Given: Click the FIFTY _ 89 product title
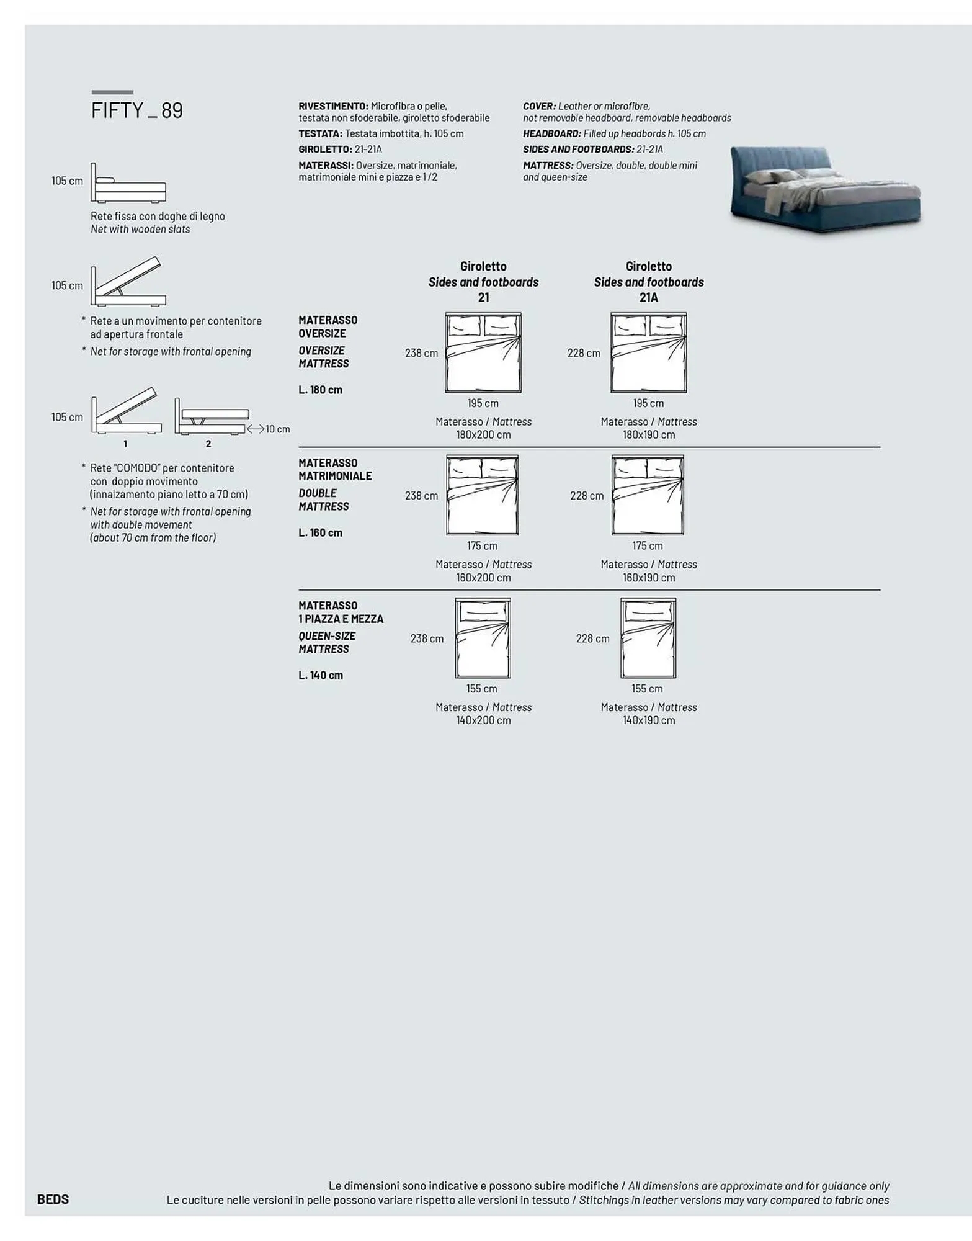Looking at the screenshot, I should (137, 110).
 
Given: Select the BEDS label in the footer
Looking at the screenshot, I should (53, 1199).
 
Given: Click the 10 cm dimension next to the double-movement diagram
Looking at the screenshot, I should (277, 429).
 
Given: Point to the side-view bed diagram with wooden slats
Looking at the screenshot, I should (128, 183).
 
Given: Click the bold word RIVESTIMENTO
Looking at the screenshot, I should (333, 106).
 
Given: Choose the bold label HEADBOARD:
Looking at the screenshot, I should (552, 133).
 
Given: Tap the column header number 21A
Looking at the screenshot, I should (648, 298).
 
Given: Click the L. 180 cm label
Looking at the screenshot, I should (320, 390).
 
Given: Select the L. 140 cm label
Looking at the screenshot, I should (320, 675).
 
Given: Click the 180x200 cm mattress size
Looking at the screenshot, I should (483, 435).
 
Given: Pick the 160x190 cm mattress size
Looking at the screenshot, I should (648, 578).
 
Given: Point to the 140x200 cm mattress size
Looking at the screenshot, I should (483, 720).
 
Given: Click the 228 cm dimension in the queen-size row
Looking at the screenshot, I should (592, 638).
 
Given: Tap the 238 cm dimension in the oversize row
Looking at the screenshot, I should (421, 353).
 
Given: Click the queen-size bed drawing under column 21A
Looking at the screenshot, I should (648, 638).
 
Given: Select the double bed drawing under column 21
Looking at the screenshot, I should (483, 495).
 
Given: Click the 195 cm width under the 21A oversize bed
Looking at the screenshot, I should (648, 403).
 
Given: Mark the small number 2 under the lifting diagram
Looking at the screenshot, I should (208, 444).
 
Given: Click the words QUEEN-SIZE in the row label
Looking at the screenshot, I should (327, 636).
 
